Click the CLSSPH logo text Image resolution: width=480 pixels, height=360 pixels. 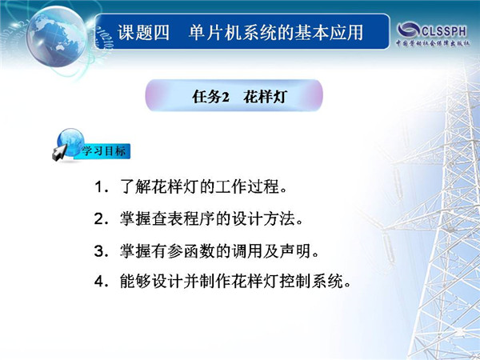click(444, 31)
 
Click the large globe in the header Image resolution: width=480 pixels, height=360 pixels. click(57, 37)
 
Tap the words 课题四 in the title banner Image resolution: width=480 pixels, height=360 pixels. click(143, 33)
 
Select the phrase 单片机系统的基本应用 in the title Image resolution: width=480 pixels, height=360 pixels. click(276, 33)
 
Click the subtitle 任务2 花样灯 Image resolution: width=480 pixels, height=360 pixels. click(239, 97)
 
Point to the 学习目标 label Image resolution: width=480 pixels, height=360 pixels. click(103, 151)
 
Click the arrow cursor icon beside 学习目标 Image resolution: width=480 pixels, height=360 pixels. click(60, 152)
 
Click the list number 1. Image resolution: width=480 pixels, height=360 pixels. click(98, 186)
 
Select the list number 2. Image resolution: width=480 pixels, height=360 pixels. click(99, 219)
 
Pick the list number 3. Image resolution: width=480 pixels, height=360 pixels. click(99, 251)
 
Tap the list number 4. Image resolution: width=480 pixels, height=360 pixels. click(99, 282)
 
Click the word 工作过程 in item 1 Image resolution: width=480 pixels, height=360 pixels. click(247, 186)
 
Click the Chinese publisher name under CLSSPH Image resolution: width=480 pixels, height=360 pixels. click(433, 43)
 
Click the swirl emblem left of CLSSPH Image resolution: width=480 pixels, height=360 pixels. click(409, 30)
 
